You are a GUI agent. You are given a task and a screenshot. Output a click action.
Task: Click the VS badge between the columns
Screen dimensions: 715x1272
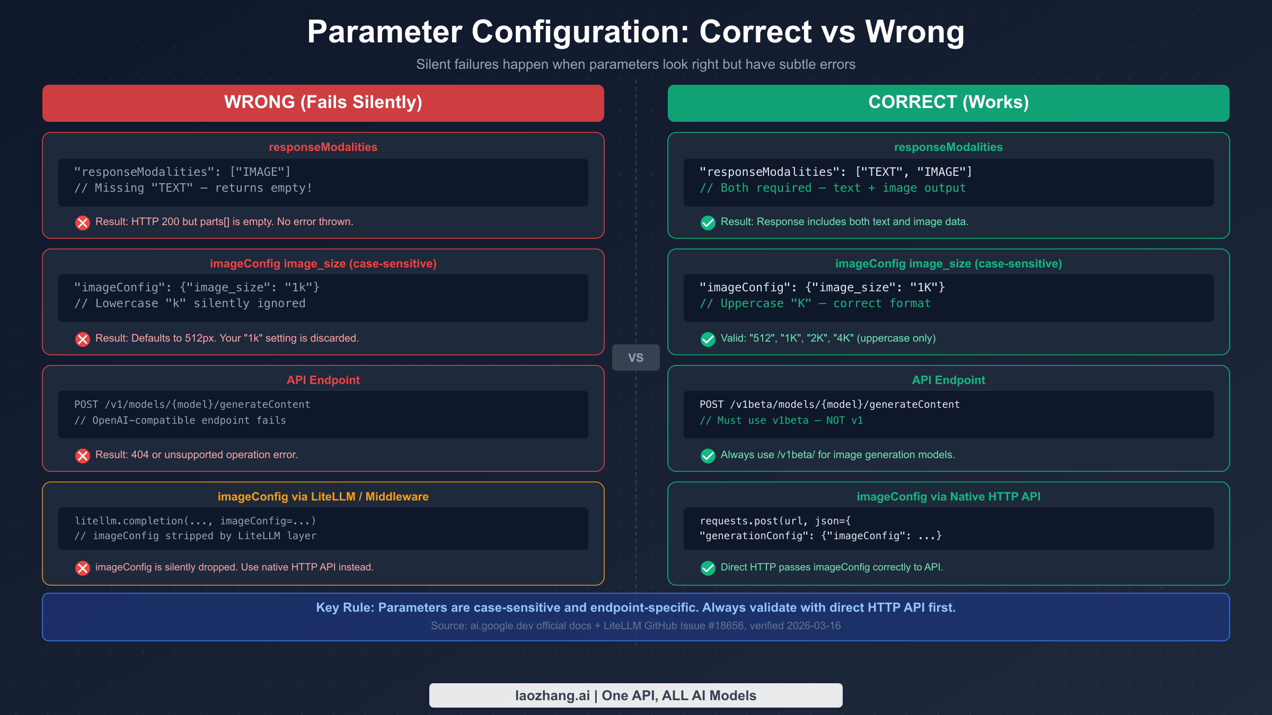point(635,358)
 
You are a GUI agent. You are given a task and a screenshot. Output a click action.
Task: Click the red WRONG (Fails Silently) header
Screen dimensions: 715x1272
point(323,103)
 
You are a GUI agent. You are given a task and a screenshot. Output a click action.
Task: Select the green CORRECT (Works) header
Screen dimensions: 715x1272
point(948,103)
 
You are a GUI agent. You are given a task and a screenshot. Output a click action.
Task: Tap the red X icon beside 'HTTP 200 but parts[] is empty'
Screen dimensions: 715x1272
point(83,222)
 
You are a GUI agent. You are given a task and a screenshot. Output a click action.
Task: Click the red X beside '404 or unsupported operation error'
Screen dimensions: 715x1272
point(83,455)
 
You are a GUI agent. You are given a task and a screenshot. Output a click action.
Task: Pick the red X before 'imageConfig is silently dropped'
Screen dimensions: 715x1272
point(83,568)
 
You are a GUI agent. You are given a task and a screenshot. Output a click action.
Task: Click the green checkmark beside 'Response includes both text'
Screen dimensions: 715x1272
point(708,222)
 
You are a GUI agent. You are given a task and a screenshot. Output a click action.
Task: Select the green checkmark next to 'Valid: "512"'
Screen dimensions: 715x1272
point(708,339)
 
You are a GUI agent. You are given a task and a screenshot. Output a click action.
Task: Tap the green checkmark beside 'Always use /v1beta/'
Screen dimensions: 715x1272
point(708,455)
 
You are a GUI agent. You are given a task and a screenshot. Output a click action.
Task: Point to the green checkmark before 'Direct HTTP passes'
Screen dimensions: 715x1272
point(708,568)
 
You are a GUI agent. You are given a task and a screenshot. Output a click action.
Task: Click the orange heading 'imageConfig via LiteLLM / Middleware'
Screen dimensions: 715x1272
point(323,497)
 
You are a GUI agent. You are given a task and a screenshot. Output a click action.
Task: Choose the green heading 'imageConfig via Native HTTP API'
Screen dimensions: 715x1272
point(948,497)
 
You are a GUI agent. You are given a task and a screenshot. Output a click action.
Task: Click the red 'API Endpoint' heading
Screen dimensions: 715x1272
point(323,380)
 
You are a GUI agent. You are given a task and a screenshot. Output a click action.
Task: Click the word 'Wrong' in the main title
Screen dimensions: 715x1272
point(915,32)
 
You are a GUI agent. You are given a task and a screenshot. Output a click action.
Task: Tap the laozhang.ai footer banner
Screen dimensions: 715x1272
point(635,695)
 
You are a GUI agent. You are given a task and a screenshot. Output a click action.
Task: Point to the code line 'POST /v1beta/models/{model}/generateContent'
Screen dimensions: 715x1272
point(829,405)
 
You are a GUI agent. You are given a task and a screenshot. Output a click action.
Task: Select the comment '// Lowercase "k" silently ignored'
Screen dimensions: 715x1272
point(190,303)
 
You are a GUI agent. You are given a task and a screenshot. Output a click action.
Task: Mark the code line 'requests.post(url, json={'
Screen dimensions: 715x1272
point(775,521)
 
